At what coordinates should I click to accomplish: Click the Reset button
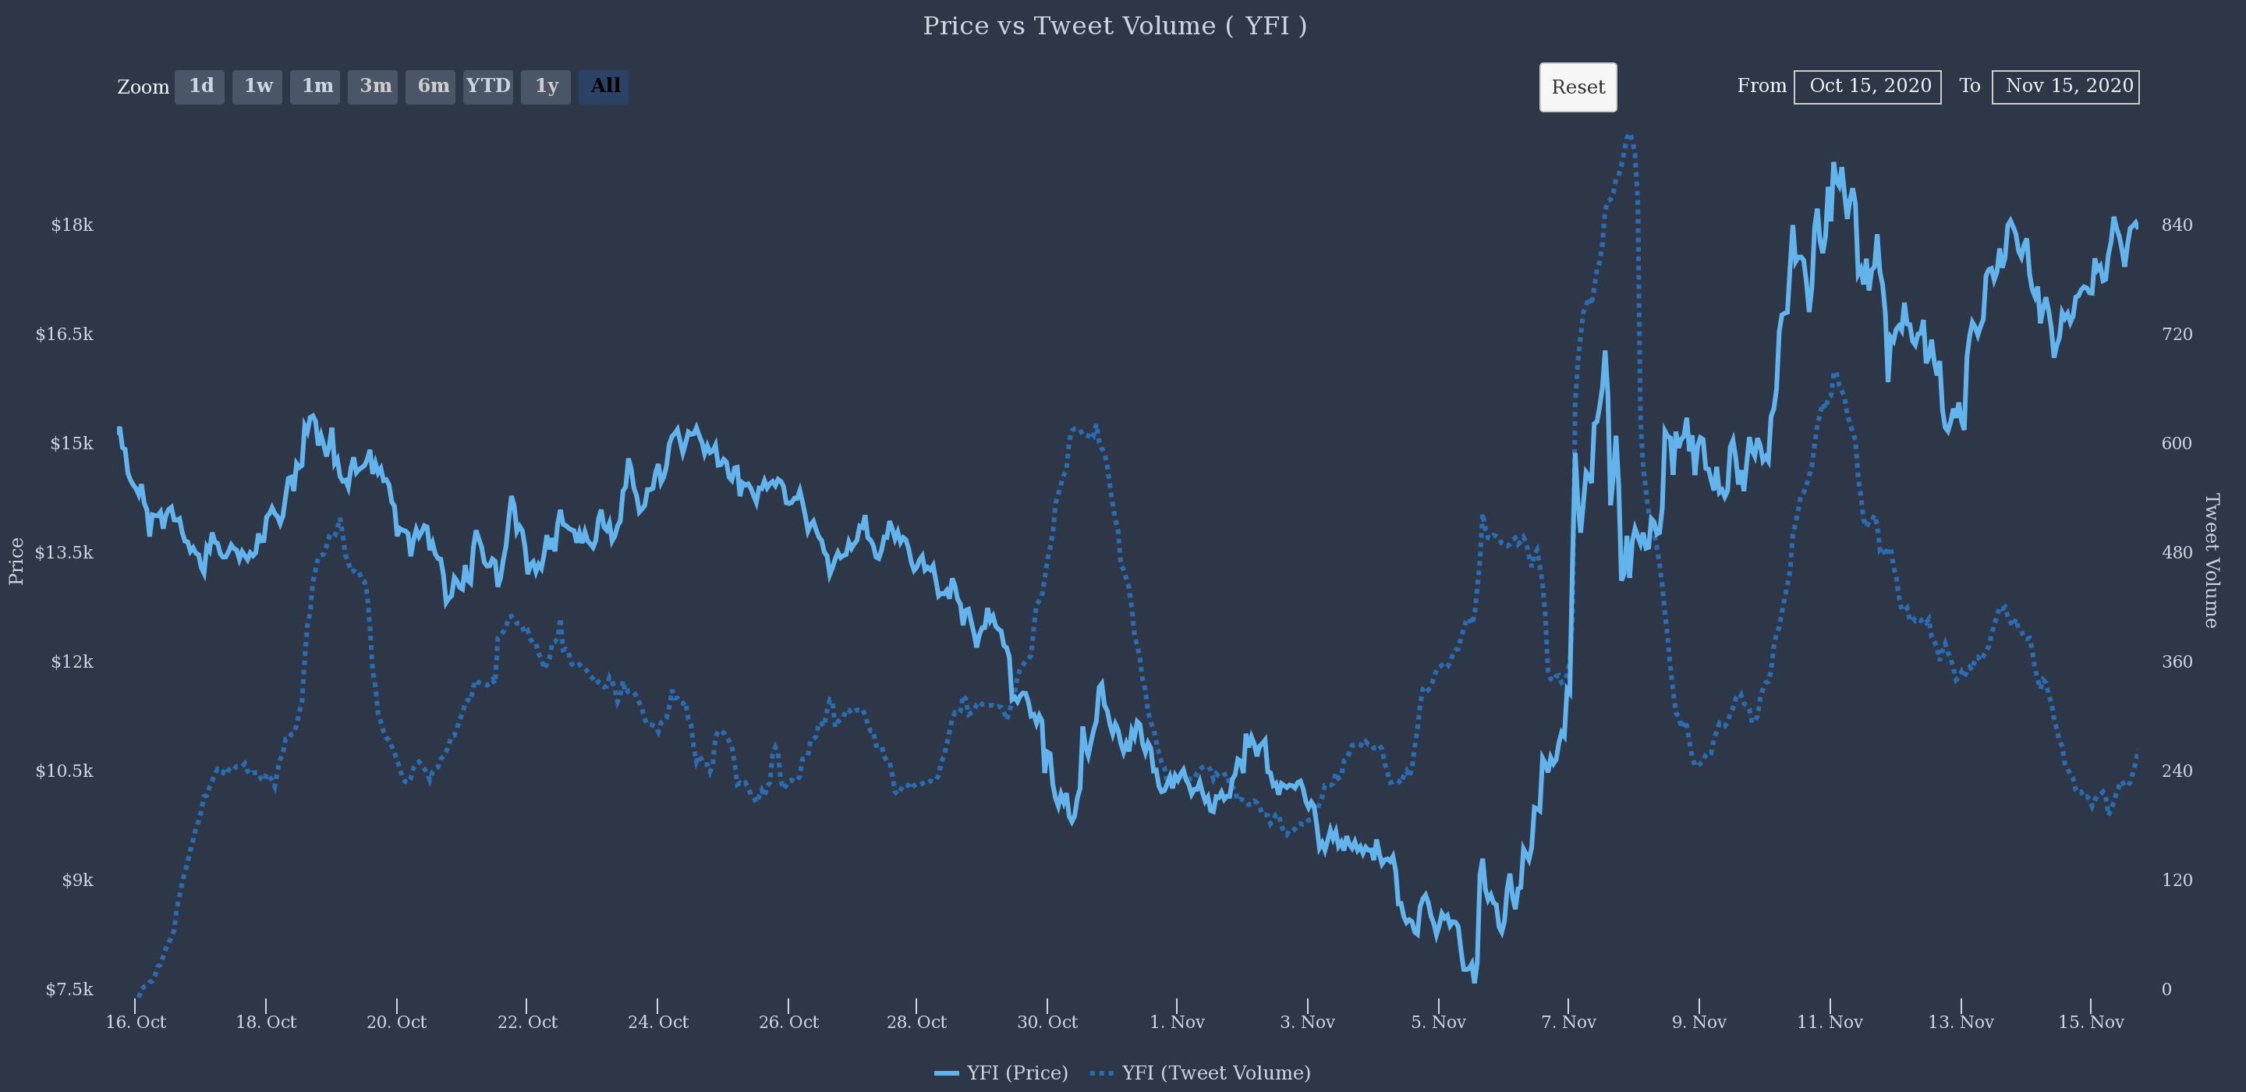pyautogui.click(x=1577, y=87)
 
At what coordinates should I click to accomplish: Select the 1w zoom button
pyautogui.click(x=257, y=87)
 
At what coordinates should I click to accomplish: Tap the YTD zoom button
pyautogui.click(x=488, y=87)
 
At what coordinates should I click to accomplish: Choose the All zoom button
pyautogui.click(x=604, y=87)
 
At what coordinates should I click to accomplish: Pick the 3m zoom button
pyautogui.click(x=374, y=87)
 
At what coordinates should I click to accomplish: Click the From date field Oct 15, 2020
pyautogui.click(x=1868, y=87)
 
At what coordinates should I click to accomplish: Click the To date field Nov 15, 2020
pyautogui.click(x=2066, y=87)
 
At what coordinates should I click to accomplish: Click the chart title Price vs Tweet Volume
pyautogui.click(x=1114, y=27)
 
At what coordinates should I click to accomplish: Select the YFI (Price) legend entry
pyautogui.click(x=1002, y=1072)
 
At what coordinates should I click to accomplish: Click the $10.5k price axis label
pyautogui.click(x=64, y=771)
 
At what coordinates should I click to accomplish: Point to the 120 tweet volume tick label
pyautogui.click(x=2177, y=880)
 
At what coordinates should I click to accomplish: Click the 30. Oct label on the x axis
pyautogui.click(x=1047, y=1023)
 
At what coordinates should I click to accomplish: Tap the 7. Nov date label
pyautogui.click(x=1568, y=1023)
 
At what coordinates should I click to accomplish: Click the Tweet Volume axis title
pyautogui.click(x=2211, y=560)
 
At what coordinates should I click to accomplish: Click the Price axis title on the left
pyautogui.click(x=16, y=560)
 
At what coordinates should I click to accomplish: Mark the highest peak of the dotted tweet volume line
pyautogui.click(x=1628, y=136)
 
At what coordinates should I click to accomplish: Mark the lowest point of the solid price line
pyautogui.click(x=1475, y=982)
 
